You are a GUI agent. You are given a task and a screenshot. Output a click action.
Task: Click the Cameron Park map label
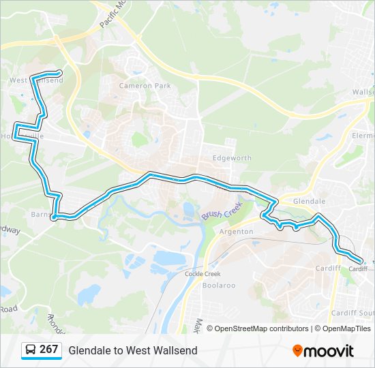point(145,86)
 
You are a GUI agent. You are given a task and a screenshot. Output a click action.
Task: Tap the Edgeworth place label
point(232,158)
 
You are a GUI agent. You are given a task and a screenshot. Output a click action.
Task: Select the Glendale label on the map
point(309,202)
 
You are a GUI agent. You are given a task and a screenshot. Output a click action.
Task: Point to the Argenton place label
point(237,232)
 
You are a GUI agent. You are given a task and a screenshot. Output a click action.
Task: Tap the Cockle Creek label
point(202,273)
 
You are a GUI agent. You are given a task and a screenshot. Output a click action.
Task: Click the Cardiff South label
point(352,313)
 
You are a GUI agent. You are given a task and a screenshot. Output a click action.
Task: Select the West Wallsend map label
point(36,80)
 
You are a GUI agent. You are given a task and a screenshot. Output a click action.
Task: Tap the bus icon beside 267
point(31,350)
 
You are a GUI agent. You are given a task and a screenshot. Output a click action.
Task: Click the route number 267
point(48,350)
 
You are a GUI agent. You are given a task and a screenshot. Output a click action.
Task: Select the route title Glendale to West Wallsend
point(132,350)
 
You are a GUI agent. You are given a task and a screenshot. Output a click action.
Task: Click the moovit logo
point(323,351)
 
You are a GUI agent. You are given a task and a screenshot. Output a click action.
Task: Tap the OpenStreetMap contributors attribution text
point(261,328)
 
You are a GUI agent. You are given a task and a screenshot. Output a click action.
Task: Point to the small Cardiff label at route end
point(357,269)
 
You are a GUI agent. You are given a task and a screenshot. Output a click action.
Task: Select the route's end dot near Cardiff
point(361,259)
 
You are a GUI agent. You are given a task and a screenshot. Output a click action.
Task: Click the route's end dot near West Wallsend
point(60,72)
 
